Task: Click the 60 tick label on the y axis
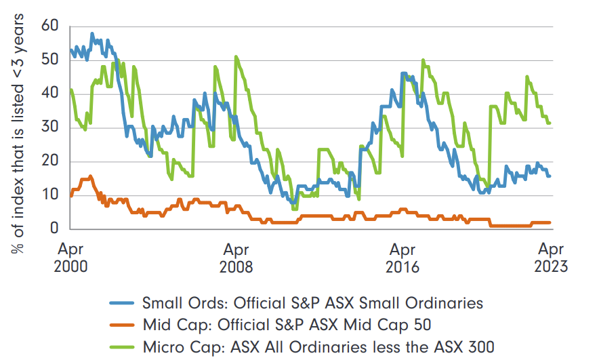tap(51, 27)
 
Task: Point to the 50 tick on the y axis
tap(51, 60)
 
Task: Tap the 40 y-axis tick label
tap(51, 94)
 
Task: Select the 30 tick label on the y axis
tap(51, 127)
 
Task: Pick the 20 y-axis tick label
tap(51, 161)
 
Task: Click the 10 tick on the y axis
tap(51, 195)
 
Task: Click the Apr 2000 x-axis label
tap(70, 256)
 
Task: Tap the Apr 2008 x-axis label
tap(236, 256)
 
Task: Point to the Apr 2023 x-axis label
tap(550, 256)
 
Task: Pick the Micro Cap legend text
tap(323, 348)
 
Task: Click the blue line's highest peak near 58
tap(92, 33)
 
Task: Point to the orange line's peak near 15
tap(90, 176)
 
